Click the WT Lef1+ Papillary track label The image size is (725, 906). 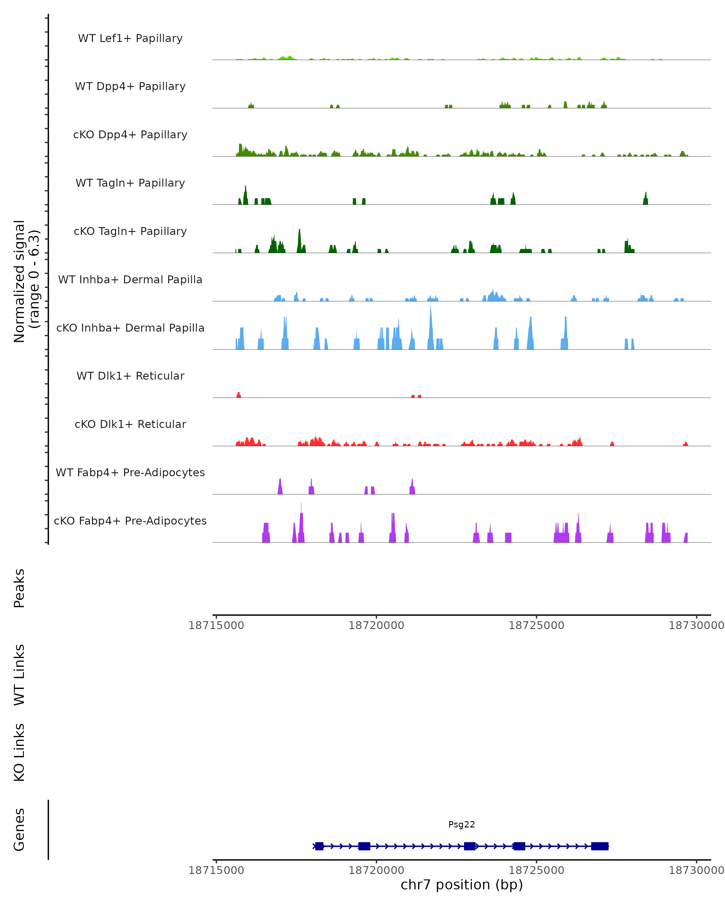130,38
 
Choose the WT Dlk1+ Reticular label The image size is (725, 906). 130,376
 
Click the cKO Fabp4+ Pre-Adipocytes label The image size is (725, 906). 130,521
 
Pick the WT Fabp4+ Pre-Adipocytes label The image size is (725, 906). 130,472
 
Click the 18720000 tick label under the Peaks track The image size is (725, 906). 376,625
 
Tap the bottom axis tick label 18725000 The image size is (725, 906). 536,870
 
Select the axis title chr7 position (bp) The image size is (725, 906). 462,885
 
